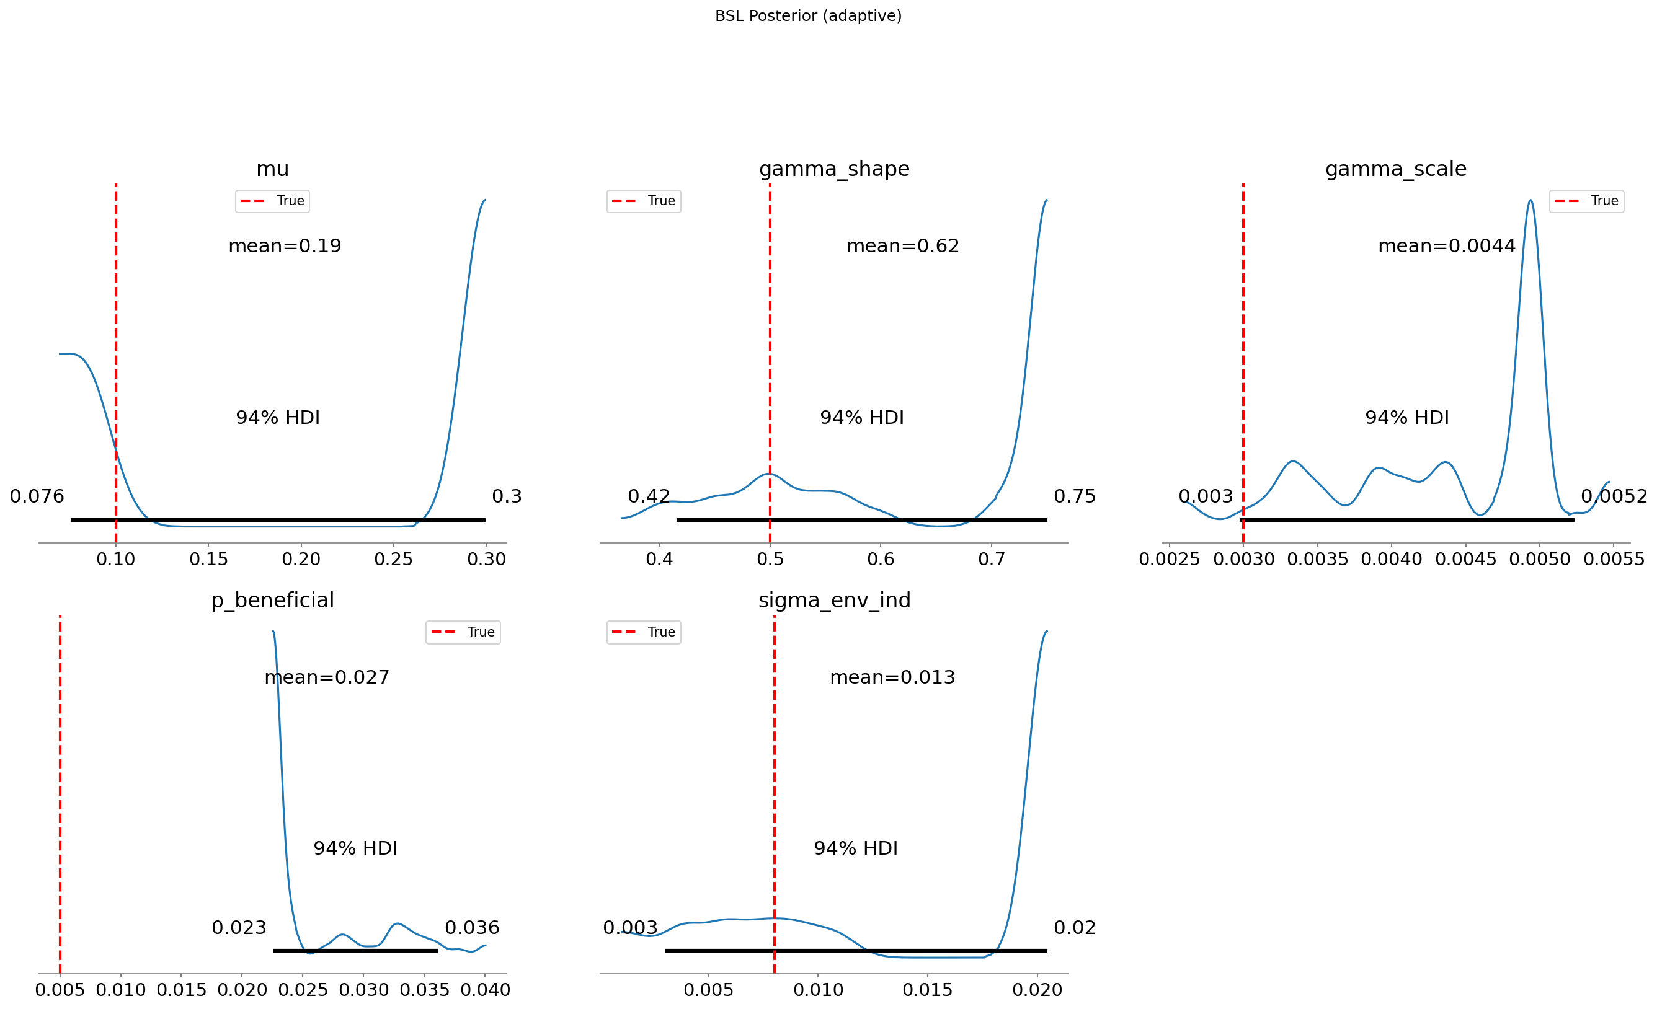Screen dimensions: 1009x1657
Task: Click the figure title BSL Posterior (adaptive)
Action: tap(807, 15)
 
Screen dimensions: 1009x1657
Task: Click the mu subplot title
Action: tap(272, 169)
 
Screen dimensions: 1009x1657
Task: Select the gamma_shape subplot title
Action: tap(834, 169)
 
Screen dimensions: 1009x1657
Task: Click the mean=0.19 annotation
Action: tap(285, 246)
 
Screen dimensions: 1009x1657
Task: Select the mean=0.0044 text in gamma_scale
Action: tap(1447, 246)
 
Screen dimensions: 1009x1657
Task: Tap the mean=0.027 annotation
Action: tap(327, 677)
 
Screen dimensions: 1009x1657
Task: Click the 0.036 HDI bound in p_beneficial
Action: tap(472, 928)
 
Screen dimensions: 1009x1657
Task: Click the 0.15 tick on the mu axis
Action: tap(208, 559)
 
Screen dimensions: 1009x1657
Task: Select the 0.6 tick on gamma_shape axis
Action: tap(881, 559)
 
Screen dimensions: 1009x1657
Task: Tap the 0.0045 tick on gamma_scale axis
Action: tap(1465, 559)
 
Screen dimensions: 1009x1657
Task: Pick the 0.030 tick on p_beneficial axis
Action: tap(363, 990)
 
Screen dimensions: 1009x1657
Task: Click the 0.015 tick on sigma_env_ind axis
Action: tap(927, 990)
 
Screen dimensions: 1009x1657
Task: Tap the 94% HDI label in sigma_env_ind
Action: tap(855, 848)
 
